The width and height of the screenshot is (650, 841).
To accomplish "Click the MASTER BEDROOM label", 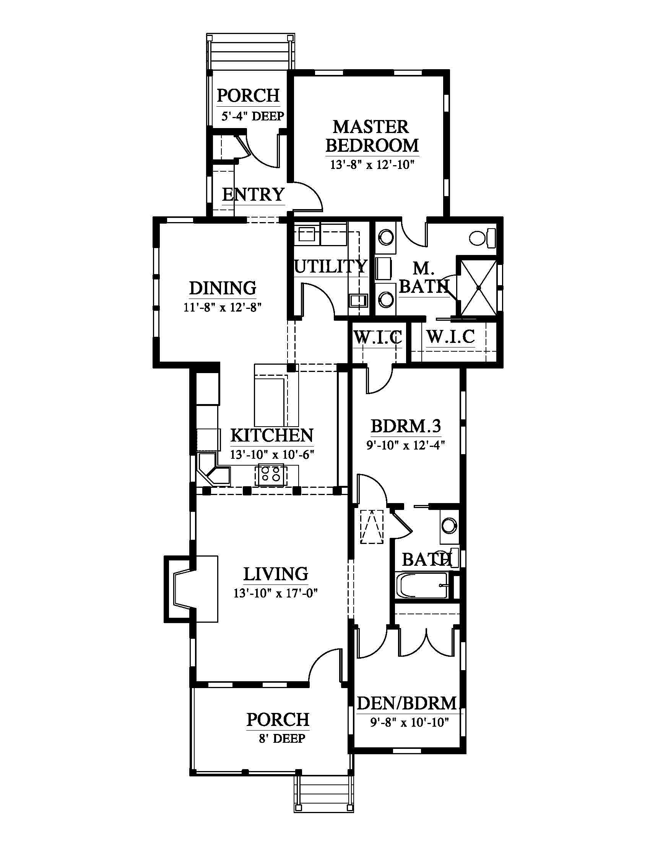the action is tap(372, 136).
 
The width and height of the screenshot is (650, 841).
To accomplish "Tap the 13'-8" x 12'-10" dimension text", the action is tap(372, 165).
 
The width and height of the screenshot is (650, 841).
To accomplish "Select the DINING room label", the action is tap(223, 288).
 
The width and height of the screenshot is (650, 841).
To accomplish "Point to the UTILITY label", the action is tap(330, 266).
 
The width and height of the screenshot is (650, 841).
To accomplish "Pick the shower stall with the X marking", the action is tap(479, 287).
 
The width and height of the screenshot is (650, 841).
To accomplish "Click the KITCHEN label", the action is tap(272, 435).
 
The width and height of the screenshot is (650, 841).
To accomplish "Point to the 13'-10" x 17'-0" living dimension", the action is tap(275, 593).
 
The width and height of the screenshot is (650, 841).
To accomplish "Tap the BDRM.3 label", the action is tap(405, 426).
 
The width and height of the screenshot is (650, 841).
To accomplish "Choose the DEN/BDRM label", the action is tap(407, 703).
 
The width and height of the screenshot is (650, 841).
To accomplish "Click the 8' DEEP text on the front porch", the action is tap(282, 739).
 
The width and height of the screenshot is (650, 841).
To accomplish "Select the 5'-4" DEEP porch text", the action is tap(253, 116).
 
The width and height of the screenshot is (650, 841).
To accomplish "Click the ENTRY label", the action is tap(253, 195).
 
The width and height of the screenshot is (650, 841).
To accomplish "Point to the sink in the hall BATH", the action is tap(449, 525).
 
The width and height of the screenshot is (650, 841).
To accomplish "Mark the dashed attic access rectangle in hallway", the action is tap(372, 527).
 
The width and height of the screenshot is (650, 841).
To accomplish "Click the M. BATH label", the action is tap(424, 277).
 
